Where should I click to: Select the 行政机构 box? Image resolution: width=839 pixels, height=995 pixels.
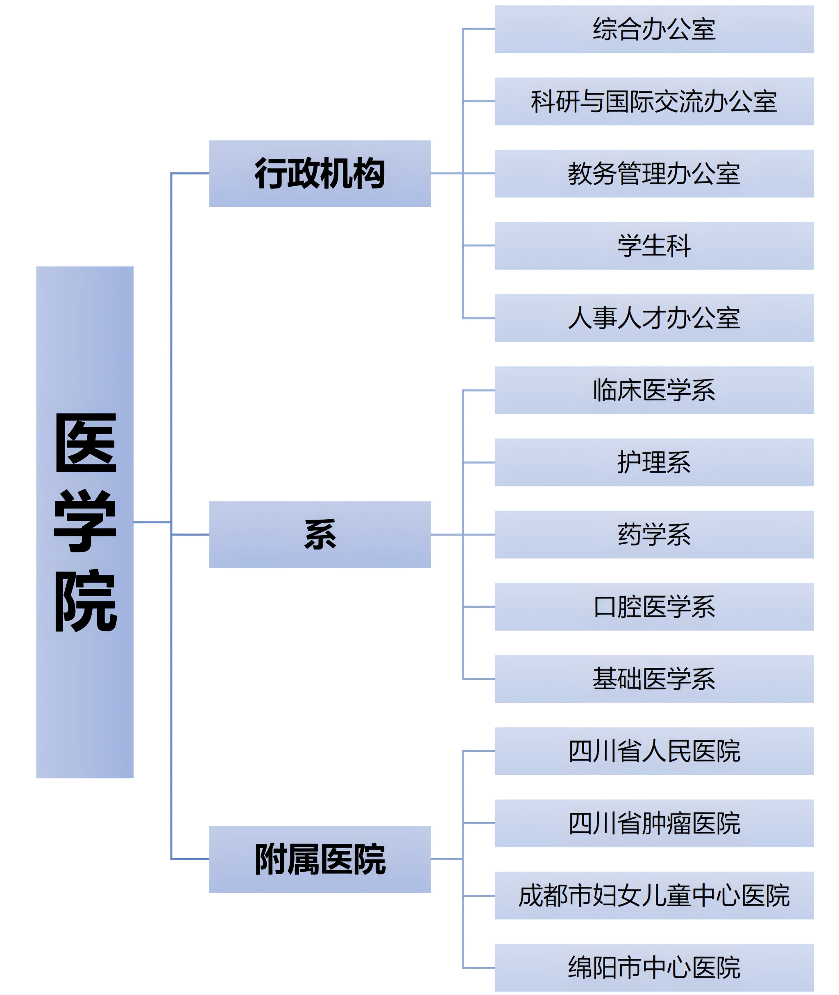[320, 174]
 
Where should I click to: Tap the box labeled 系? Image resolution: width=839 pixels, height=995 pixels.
[320, 534]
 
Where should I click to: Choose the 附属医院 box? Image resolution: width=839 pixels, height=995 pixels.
[320, 859]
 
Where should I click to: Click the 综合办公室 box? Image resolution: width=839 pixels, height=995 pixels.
[654, 29]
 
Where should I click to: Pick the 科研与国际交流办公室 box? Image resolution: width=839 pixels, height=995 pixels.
[654, 101]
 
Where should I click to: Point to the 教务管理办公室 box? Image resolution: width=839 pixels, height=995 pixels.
[654, 174]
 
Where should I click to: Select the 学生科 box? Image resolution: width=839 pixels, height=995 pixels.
[654, 246]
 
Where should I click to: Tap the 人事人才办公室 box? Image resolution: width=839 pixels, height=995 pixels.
[654, 318]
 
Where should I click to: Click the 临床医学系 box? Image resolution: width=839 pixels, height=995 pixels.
[654, 390]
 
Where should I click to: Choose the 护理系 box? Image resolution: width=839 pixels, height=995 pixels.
[654, 462]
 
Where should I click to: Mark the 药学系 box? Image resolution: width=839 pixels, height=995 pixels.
[654, 534]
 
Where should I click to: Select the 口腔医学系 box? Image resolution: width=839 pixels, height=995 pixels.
[654, 606]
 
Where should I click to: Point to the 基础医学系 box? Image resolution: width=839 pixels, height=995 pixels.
[654, 679]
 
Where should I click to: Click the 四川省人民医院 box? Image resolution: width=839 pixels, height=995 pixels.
[654, 751]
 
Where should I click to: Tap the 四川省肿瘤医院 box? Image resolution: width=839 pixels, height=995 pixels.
[654, 823]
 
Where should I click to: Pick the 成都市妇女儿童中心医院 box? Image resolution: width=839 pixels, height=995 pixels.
[654, 895]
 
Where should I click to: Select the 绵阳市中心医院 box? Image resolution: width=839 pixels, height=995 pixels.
[654, 968]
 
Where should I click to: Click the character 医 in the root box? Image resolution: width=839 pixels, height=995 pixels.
[86, 443]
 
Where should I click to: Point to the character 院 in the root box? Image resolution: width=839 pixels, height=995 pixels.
[86, 600]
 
